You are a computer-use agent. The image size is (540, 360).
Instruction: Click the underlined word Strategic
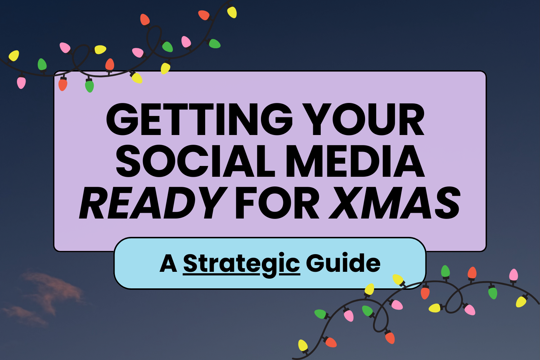pyautogui.click(x=241, y=264)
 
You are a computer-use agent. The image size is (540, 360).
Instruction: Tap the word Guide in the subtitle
pyautogui.click(x=343, y=263)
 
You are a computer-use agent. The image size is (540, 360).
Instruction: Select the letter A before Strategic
pyautogui.click(x=168, y=264)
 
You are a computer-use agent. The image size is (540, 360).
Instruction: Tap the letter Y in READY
pyautogui.click(x=209, y=203)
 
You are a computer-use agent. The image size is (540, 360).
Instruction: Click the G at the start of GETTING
pyautogui.click(x=121, y=120)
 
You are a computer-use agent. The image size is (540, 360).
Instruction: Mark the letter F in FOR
pyautogui.click(x=245, y=203)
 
